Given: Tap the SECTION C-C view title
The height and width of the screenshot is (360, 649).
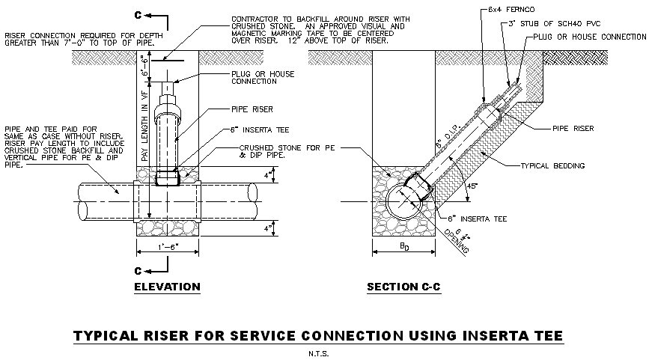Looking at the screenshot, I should click(405, 287).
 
